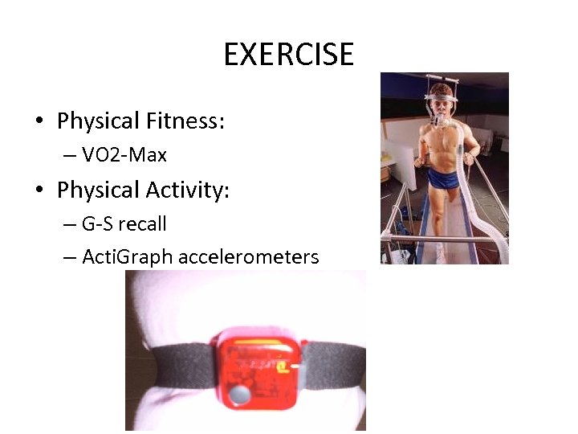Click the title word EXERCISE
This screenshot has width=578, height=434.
(288, 55)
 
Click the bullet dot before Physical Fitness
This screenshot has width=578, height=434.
(39, 122)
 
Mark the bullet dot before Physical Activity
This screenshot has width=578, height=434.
(39, 191)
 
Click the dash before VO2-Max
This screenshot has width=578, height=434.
(68, 154)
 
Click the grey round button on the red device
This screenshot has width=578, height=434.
(238, 395)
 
